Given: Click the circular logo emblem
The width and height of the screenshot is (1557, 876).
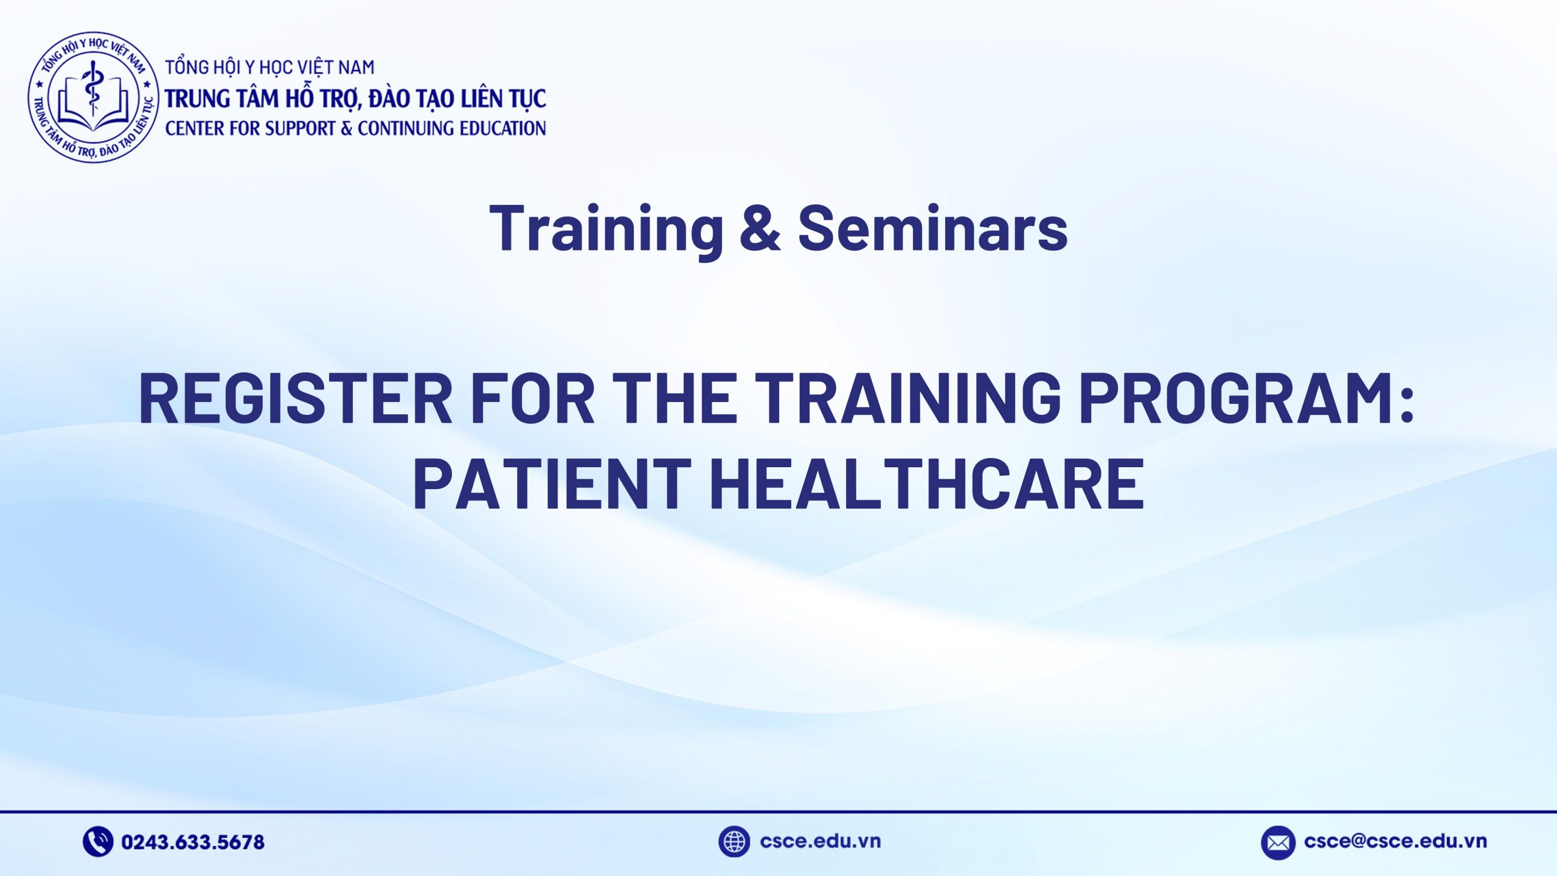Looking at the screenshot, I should pos(93,97).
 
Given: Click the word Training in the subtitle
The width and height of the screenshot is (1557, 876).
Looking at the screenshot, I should pos(606,228).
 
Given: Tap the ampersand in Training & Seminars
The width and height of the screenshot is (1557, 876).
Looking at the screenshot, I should pos(760,228).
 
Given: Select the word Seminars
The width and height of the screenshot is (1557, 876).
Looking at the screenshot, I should pos(932,228).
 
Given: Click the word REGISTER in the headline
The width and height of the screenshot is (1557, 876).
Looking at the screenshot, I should pos(296,398).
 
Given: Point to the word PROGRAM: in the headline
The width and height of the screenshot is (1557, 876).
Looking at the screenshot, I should pos(1247,398).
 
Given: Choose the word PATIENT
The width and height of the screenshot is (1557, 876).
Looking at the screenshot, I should pos(551,484).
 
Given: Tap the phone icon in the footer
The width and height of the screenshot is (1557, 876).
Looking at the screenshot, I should pos(97,842).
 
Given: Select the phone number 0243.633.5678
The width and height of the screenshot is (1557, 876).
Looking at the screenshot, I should pos(193,843).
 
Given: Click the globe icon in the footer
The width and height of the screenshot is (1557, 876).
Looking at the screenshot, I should pos(733,842).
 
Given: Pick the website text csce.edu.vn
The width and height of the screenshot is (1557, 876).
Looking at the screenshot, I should pos(820,841).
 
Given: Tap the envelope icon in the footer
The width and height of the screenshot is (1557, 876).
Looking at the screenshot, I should pos(1278,843).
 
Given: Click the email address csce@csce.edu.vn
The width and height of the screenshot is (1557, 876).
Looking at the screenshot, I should pos(1395,841).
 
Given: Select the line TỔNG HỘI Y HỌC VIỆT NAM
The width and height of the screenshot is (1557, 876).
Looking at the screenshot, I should pos(270,67).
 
